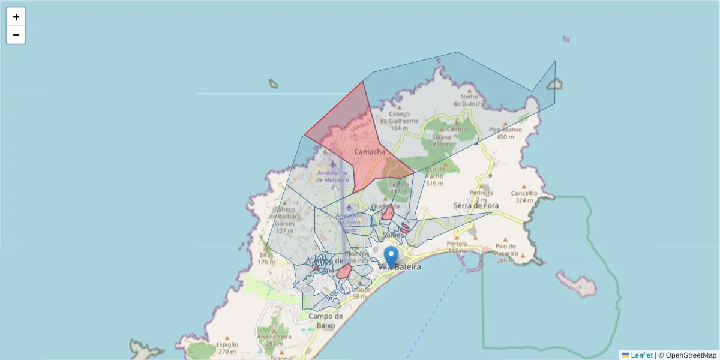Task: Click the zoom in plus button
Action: (16, 17)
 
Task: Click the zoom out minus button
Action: (16, 35)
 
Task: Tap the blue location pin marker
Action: (391, 257)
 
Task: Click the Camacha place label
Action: (370, 152)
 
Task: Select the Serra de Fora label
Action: (476, 205)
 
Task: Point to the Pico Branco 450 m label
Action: (505, 133)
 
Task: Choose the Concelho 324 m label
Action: (524, 196)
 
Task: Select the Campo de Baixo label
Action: (326, 320)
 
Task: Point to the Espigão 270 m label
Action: (227, 348)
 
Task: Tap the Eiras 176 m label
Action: (266, 258)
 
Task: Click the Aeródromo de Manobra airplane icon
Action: (333, 163)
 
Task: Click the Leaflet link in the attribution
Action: (641, 355)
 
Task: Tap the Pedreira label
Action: (481, 193)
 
